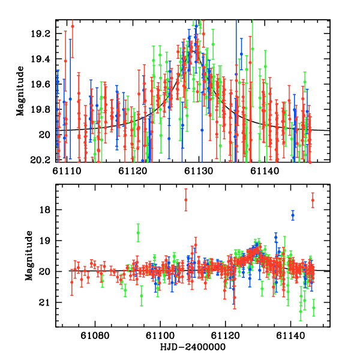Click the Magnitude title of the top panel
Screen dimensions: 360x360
click(21, 91)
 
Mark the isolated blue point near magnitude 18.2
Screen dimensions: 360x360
click(293, 215)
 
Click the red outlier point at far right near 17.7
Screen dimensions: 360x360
click(313, 200)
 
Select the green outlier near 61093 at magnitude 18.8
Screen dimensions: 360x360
click(138, 233)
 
